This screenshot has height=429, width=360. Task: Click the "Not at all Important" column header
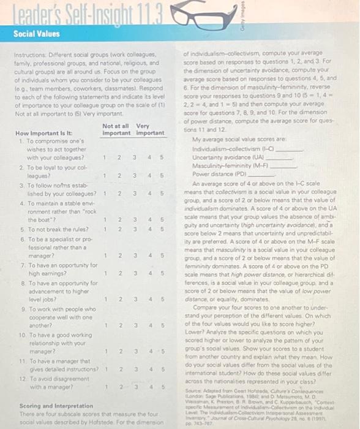pos(116,129)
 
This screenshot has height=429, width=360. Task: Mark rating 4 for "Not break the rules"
pos(149,229)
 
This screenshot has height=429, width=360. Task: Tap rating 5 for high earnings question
pos(162,273)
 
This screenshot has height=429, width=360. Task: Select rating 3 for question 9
pos(134,325)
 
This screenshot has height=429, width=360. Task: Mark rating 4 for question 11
pos(149,369)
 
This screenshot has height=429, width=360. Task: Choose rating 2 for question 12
pos(119,386)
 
